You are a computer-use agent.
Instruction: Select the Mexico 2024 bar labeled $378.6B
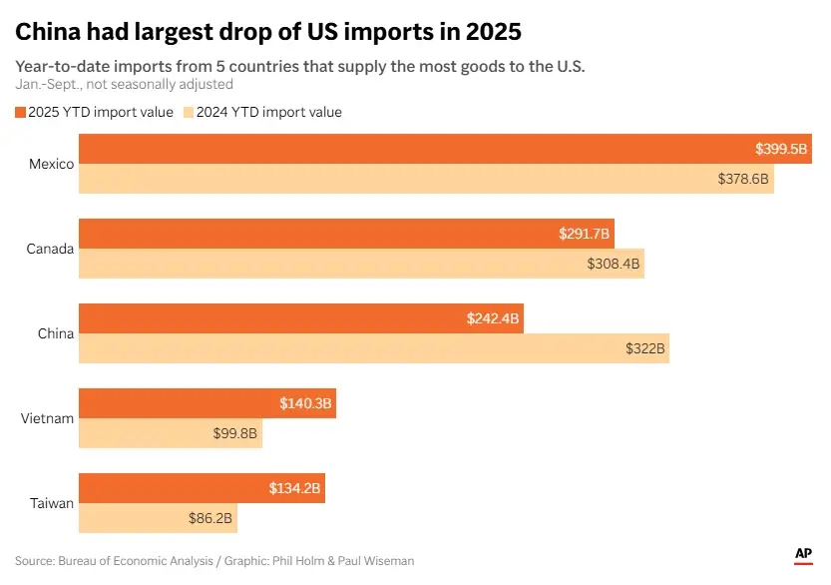click(426, 179)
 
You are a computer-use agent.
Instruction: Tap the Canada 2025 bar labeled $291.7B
click(346, 234)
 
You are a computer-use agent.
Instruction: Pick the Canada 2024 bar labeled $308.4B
click(361, 264)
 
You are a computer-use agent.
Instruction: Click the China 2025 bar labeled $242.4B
click(299, 318)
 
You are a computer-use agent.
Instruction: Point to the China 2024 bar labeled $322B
click(373, 348)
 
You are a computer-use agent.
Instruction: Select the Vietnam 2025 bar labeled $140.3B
click(208, 404)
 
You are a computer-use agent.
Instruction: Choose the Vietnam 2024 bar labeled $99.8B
click(170, 433)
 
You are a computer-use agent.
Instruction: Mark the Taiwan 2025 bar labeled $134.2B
click(202, 489)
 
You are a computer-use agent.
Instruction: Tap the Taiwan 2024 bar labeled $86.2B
click(158, 518)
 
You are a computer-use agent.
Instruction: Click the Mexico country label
click(52, 164)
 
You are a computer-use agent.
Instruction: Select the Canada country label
click(51, 249)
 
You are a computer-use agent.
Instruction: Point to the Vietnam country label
click(48, 418)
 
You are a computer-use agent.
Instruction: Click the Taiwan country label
click(51, 503)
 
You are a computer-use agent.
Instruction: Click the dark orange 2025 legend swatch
click(20, 112)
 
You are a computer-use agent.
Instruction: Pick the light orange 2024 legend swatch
click(188, 112)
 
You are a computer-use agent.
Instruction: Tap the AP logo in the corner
click(803, 555)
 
